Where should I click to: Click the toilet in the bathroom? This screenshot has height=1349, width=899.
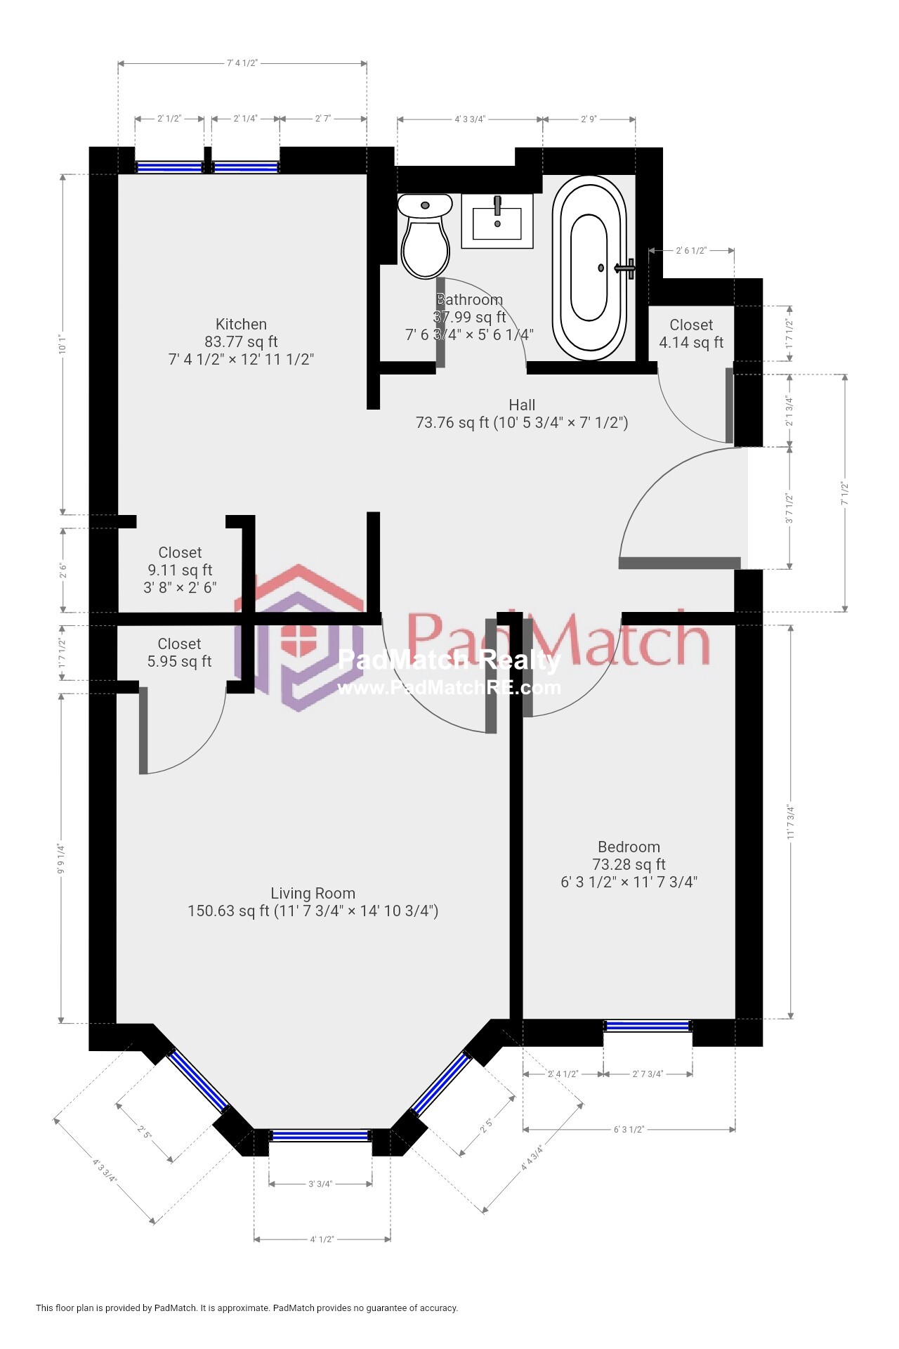[425, 239]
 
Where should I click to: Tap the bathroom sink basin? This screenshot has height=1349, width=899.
[497, 223]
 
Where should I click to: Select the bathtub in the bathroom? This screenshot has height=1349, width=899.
[589, 268]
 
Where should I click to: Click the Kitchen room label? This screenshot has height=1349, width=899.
[241, 325]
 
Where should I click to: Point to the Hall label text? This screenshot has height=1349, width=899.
[522, 405]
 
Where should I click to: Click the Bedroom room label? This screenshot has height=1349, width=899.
[629, 847]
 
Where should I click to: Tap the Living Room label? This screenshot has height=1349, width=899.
[313, 894]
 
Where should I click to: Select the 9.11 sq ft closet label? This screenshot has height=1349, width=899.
[180, 570]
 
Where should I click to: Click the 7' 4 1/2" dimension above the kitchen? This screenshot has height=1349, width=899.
[242, 63]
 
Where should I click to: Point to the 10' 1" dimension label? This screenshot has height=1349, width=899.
[63, 345]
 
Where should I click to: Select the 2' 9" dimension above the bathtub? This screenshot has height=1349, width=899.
[589, 119]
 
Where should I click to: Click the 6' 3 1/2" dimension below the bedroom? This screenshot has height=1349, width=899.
[629, 1130]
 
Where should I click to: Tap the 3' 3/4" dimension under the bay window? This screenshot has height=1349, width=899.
[320, 1184]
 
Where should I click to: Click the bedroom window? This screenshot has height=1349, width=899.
[648, 1027]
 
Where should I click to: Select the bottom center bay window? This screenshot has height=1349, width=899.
[320, 1135]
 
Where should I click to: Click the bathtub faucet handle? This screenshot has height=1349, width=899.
[626, 268]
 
